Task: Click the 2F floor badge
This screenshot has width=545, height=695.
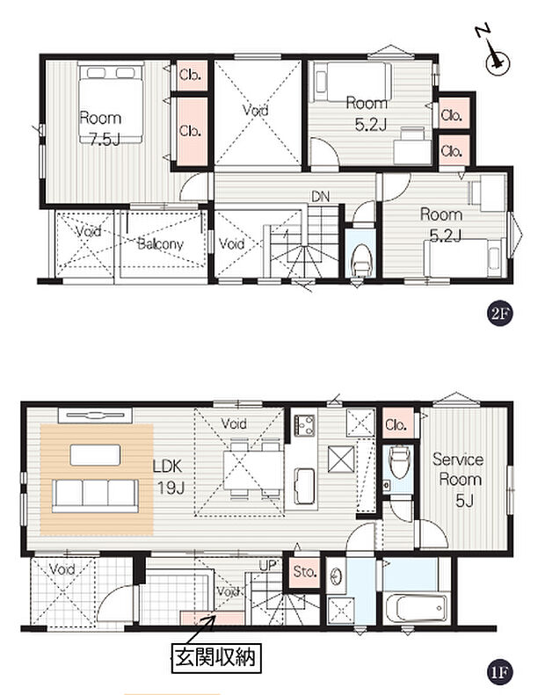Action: [499, 315]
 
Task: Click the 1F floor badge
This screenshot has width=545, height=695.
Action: [499, 673]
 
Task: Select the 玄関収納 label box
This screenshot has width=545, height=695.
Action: [216, 658]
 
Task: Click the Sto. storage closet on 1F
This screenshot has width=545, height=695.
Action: [305, 572]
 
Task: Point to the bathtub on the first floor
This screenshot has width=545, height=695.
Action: [416, 608]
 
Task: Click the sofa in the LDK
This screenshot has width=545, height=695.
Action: [95, 496]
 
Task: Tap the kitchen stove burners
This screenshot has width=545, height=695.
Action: [305, 424]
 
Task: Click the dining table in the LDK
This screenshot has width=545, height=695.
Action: [253, 471]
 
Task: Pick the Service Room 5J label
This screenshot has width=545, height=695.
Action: [459, 480]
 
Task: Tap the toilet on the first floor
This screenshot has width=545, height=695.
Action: [398, 461]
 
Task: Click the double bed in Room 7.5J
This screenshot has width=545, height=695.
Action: [111, 103]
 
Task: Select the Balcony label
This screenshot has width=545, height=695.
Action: [160, 243]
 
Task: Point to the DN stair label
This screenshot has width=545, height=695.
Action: [320, 196]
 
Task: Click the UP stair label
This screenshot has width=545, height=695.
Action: [268, 565]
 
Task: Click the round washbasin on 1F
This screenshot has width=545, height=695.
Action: [336, 576]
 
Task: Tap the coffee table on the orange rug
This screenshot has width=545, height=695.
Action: [95, 455]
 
